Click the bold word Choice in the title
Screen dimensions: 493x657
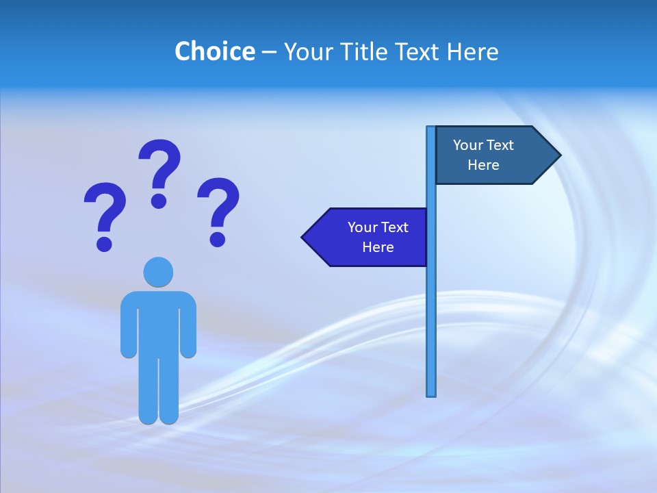[x=214, y=51]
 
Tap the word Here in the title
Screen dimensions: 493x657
[x=472, y=51]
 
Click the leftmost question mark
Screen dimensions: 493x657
[x=105, y=214]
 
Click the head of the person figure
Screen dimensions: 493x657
[x=158, y=272]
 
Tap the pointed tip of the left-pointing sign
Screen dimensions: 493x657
[x=304, y=238]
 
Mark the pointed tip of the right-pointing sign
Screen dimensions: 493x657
[x=558, y=155]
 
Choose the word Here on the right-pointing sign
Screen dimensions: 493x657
[x=483, y=165]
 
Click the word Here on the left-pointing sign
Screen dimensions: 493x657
[x=378, y=247]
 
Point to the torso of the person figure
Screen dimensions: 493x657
[x=158, y=322]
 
